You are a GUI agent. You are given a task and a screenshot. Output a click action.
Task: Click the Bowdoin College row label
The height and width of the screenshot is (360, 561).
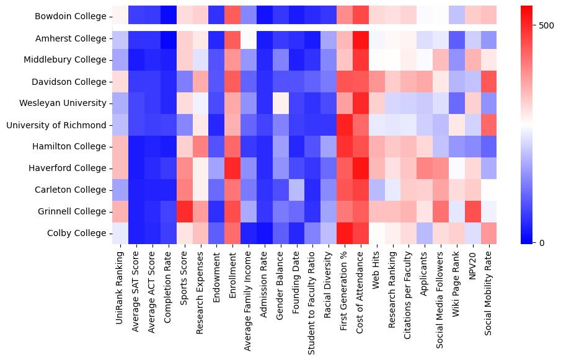coord(71,17)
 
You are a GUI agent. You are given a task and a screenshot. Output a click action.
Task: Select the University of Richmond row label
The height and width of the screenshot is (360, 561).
coord(56,125)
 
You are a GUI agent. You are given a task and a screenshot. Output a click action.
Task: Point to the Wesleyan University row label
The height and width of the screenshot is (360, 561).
coord(63,103)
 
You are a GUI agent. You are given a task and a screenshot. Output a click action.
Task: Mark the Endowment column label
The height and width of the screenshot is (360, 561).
coord(216,272)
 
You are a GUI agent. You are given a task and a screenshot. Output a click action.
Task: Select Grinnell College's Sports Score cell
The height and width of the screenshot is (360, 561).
coord(185,212)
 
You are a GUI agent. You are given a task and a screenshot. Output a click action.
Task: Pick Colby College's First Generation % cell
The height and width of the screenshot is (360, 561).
coord(345,234)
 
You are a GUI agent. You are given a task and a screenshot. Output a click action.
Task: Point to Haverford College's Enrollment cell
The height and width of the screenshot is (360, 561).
coord(233,169)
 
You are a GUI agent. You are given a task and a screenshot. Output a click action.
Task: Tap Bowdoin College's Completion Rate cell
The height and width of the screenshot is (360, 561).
coord(169,17)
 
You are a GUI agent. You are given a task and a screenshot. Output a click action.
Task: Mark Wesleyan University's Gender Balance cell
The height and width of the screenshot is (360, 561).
coord(281,103)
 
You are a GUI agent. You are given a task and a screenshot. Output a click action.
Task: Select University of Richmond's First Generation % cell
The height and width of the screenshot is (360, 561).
coord(345,125)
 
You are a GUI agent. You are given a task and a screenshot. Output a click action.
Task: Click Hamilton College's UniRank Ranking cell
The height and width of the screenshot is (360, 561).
coord(121,147)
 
